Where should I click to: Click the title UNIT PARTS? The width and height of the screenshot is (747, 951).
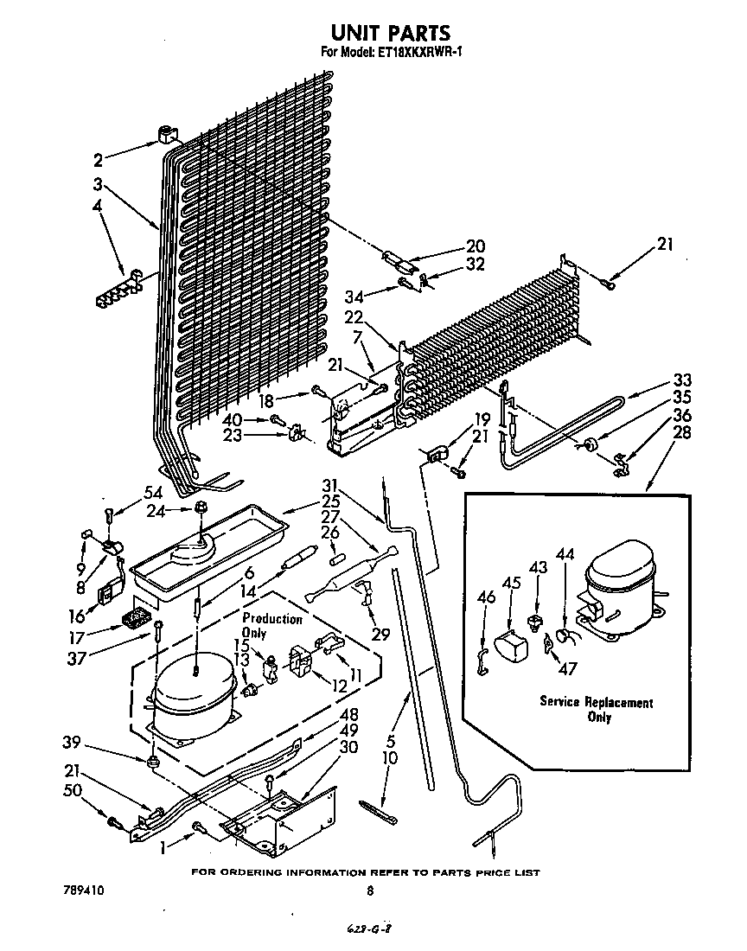[x=391, y=32]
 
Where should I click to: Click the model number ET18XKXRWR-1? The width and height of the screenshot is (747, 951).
[x=413, y=53]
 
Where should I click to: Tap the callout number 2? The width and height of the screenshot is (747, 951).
[x=98, y=159]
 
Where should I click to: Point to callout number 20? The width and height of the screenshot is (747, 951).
[x=476, y=246]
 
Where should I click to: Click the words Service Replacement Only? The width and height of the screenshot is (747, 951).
[x=597, y=709]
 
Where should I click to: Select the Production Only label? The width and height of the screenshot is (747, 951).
[x=271, y=626]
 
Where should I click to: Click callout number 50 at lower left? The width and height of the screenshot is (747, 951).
[x=73, y=792]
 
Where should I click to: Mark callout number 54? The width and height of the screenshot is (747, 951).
[x=153, y=492]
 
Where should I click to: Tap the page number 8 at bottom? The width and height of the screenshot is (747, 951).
[x=370, y=890]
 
